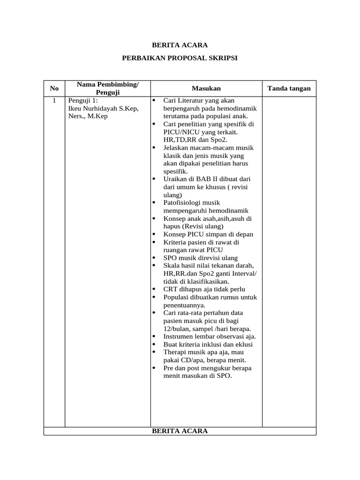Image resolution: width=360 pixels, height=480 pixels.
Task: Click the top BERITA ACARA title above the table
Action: (x=180, y=45)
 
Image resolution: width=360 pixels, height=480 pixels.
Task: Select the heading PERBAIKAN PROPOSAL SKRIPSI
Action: (x=180, y=58)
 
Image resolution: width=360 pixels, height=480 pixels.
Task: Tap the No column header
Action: (x=54, y=88)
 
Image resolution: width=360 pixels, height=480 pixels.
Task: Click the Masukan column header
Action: (x=206, y=88)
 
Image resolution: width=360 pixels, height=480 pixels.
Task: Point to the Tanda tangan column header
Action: (x=289, y=88)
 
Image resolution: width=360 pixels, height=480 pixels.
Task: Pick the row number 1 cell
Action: (x=54, y=101)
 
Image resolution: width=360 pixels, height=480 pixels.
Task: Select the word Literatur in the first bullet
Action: (x=188, y=101)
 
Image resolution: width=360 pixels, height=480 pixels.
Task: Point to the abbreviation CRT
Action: (x=171, y=289)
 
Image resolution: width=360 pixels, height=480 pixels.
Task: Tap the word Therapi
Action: (x=175, y=352)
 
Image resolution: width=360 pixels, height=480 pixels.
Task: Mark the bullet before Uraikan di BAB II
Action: (x=155, y=179)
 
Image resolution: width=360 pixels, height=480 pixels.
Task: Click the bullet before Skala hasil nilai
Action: (x=155, y=266)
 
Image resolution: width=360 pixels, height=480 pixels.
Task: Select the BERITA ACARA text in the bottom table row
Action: (x=180, y=431)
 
